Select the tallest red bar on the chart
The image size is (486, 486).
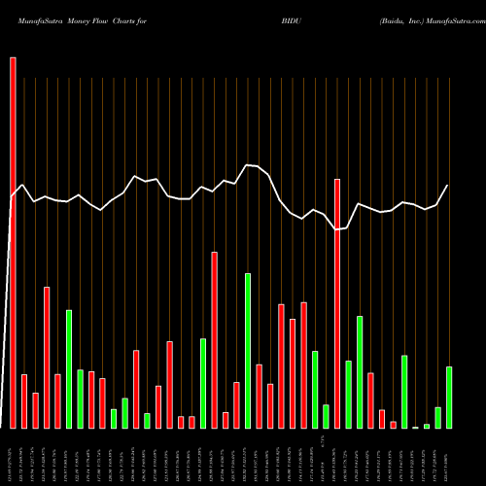point(13,242)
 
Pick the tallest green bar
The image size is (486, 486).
point(248,350)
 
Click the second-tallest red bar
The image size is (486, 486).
point(337,303)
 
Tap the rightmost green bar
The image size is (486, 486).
point(449,397)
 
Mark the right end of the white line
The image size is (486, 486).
point(448,185)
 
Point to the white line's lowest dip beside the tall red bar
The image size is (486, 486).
point(337,229)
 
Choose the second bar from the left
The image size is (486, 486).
point(24,400)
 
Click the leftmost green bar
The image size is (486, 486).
point(69,368)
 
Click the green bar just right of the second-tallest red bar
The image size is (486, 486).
point(349,394)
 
